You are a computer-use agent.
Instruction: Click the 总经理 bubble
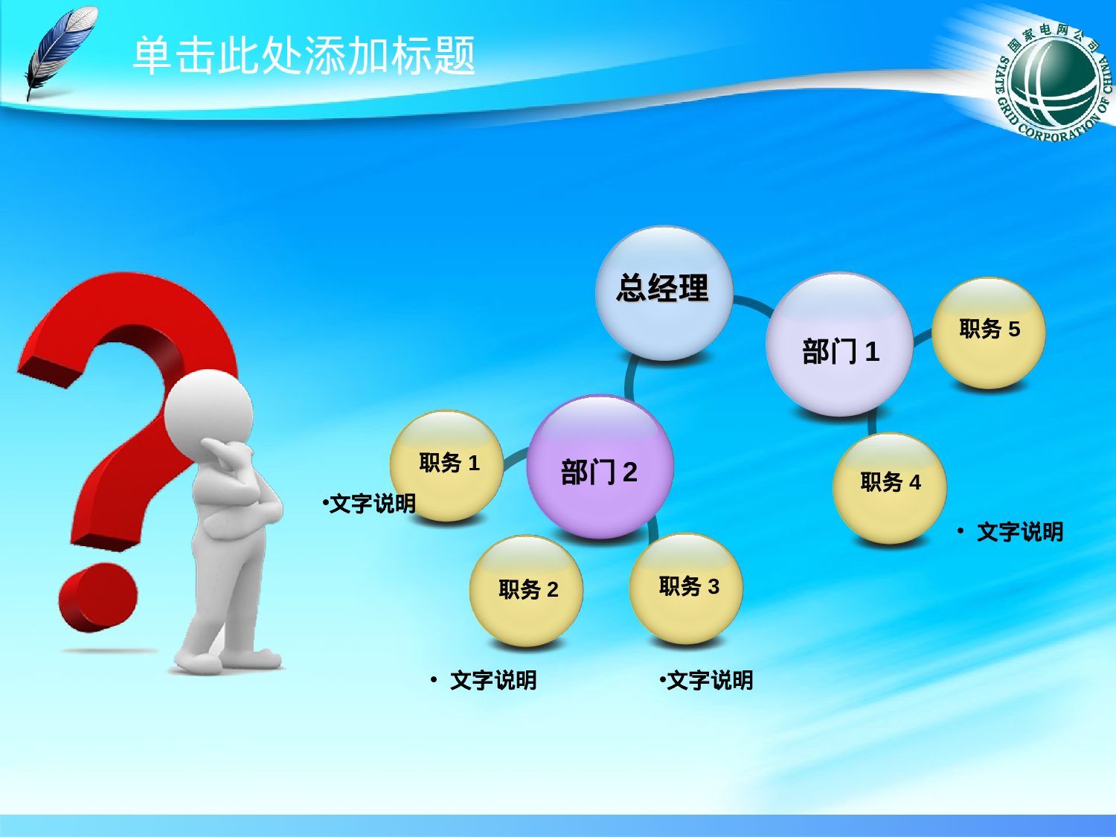click(664, 292)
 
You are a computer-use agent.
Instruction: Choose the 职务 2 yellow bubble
click(526, 590)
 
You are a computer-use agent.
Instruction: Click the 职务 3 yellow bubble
click(686, 588)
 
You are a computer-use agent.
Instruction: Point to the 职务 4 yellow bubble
click(889, 485)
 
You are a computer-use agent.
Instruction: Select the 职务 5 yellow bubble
click(989, 332)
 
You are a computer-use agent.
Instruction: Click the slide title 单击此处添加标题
click(304, 56)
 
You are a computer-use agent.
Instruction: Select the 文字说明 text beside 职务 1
click(371, 504)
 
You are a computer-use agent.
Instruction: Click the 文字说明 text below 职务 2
click(493, 680)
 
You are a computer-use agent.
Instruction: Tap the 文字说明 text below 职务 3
click(708, 680)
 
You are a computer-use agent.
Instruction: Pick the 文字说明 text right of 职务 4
click(1019, 532)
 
